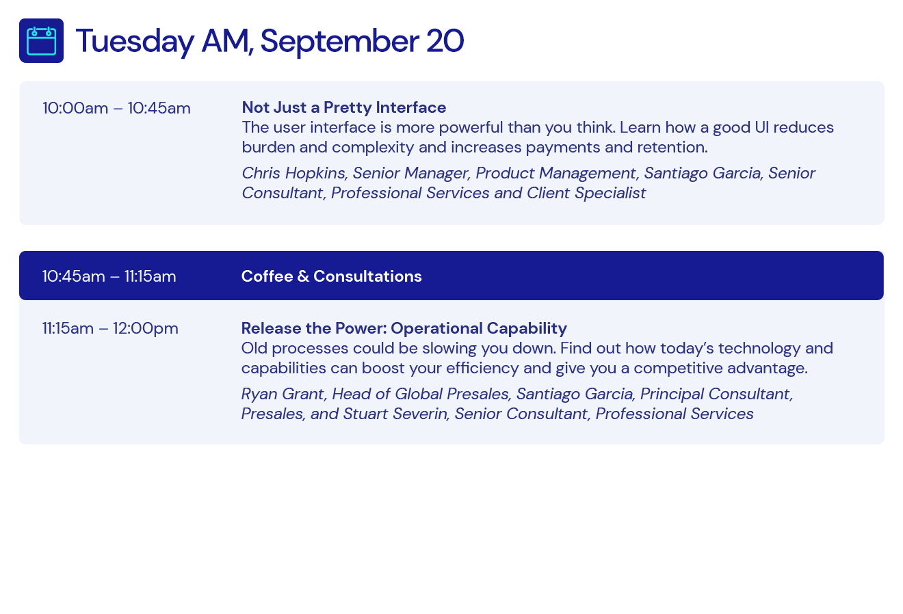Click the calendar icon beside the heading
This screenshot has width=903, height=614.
(x=41, y=41)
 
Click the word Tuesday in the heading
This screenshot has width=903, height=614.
(x=135, y=42)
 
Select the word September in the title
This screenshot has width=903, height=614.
(x=340, y=42)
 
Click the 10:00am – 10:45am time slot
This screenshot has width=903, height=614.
(x=116, y=109)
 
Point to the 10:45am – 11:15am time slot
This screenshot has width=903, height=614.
(x=109, y=277)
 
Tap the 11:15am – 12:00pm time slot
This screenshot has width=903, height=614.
(x=110, y=329)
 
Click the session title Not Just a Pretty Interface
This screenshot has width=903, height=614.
(x=344, y=107)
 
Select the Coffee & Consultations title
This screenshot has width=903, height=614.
(x=331, y=276)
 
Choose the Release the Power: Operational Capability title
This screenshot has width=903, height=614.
(x=404, y=329)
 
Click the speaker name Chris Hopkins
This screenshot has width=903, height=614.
(x=293, y=174)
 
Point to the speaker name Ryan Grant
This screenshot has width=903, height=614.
(x=283, y=395)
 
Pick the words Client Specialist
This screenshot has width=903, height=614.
(x=586, y=193)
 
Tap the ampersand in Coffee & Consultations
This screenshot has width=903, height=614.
(x=303, y=277)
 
